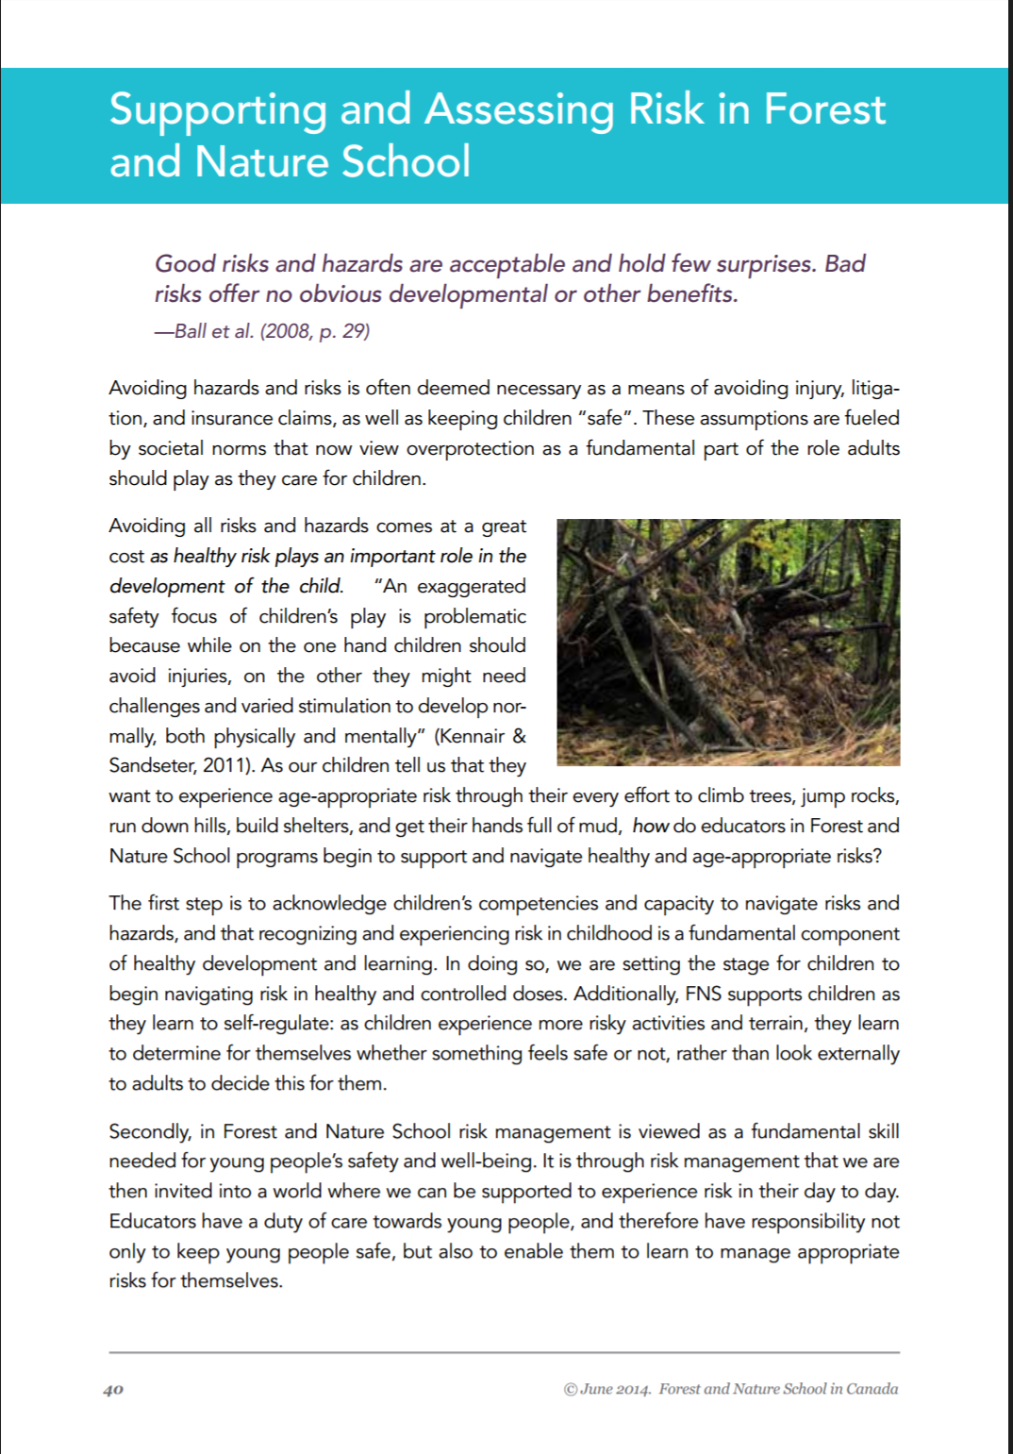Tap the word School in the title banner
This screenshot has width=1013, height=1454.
(406, 161)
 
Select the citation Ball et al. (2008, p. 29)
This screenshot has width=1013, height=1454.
(272, 331)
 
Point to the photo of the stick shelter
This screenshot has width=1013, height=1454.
(728, 642)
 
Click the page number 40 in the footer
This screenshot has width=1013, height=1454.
(113, 1390)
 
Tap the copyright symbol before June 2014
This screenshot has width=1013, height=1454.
(570, 1390)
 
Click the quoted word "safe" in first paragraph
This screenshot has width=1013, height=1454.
(605, 418)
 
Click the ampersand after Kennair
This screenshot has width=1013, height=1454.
(519, 736)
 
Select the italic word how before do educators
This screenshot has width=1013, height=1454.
(650, 826)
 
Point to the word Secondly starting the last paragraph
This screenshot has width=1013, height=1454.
(149, 1131)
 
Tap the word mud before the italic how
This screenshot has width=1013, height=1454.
(598, 827)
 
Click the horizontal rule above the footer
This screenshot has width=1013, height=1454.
(504, 1352)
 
